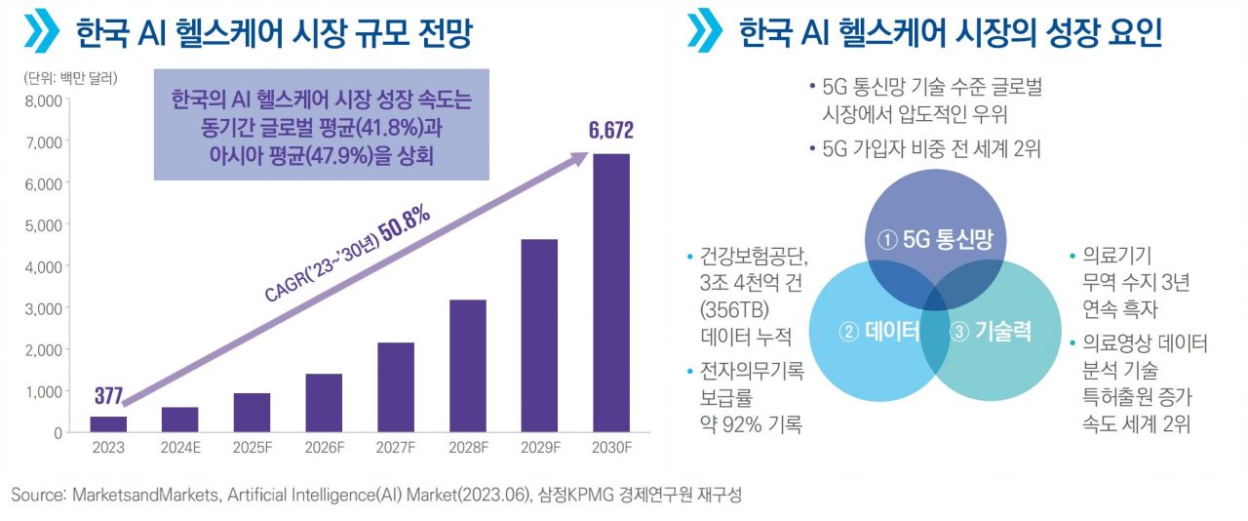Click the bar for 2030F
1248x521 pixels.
[610, 293]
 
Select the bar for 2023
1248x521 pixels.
[108, 423]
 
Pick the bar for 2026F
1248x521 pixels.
[324, 402]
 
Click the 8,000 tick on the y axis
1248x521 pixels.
[45, 100]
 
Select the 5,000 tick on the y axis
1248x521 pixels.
[45, 224]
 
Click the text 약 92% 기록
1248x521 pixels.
[749, 424]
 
